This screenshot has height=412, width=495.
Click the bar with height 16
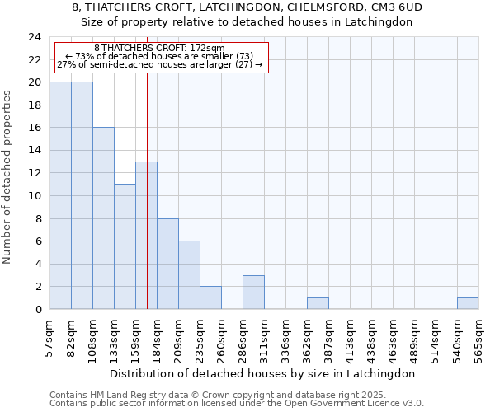(103, 218)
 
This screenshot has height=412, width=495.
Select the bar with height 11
(125, 246)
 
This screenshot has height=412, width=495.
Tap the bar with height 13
(146, 235)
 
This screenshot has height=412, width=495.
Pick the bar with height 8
(167, 264)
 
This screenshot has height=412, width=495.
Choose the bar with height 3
(253, 293)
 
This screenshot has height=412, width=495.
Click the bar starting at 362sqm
(318, 303)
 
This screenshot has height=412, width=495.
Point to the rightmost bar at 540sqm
(468, 303)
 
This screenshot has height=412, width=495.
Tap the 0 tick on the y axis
(38, 310)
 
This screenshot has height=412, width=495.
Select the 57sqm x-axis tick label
(50, 337)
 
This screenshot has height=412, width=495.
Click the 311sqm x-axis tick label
(265, 339)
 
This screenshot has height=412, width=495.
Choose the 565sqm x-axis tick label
(479, 339)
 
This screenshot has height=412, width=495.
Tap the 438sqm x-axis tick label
(372, 339)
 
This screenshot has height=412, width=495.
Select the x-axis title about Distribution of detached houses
(262, 373)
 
